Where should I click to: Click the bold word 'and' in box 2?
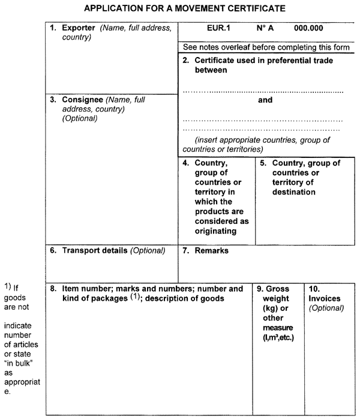pyautogui.click(x=265, y=100)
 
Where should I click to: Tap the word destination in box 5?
pyautogui.click(x=293, y=193)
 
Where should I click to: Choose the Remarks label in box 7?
pyautogui.click(x=211, y=250)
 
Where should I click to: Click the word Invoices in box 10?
pyautogui.click(x=325, y=298)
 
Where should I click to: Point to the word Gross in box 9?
pyautogui.click(x=277, y=289)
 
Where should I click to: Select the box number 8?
pyautogui.click(x=53, y=289)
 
